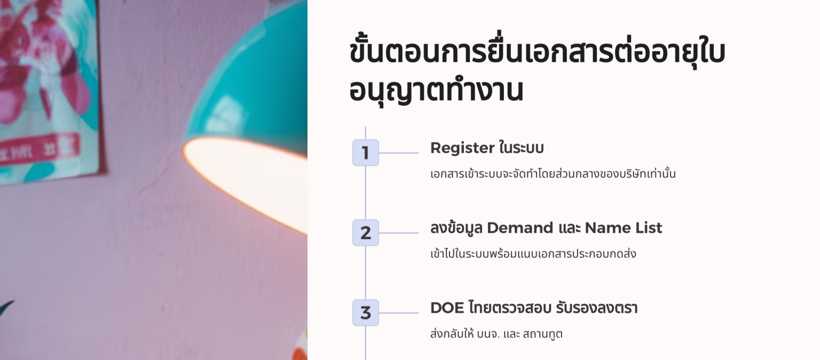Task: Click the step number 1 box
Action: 366,153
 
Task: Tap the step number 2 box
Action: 366,233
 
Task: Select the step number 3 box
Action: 366,313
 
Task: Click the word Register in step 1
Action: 462,148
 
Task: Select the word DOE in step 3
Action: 447,308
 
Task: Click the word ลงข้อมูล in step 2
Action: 456,228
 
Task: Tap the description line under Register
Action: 553,174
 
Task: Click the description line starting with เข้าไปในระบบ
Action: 533,254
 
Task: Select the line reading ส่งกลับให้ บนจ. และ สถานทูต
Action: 496,334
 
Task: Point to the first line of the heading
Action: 537,52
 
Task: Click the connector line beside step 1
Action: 398,153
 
